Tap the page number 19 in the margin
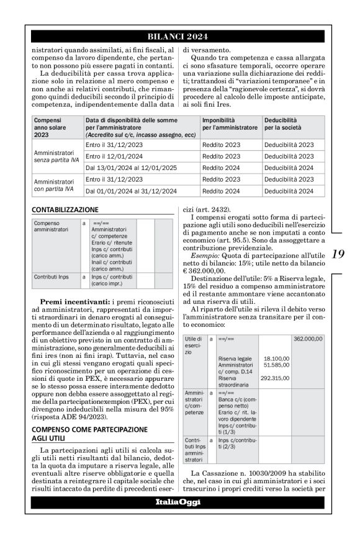[338, 254]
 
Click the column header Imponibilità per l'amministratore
[229, 123]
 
